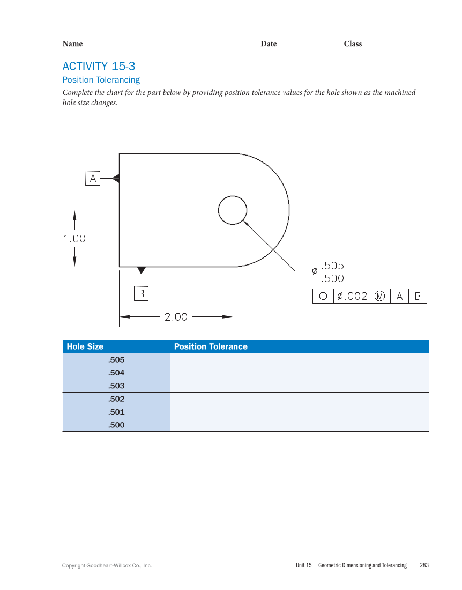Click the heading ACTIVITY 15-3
coord(99,67)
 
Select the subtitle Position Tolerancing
coord(101,80)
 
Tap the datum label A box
coord(93,179)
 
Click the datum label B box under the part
coord(141,293)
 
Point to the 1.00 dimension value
coord(74,239)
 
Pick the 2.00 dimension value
coord(176,317)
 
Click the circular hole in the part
coord(233,210)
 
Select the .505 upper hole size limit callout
coord(332,265)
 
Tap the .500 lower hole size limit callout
coord(332,278)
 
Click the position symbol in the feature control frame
coord(323,296)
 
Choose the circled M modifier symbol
coord(379,296)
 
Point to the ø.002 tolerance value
coord(352,296)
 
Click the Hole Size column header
coord(85,346)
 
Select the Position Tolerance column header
coord(211,346)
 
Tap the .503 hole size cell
coord(116,386)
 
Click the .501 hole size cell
coord(116,412)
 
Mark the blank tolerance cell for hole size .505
coord(299,360)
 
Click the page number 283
coord(424,565)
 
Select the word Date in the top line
coord(269,44)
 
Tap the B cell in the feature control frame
coord(418,296)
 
